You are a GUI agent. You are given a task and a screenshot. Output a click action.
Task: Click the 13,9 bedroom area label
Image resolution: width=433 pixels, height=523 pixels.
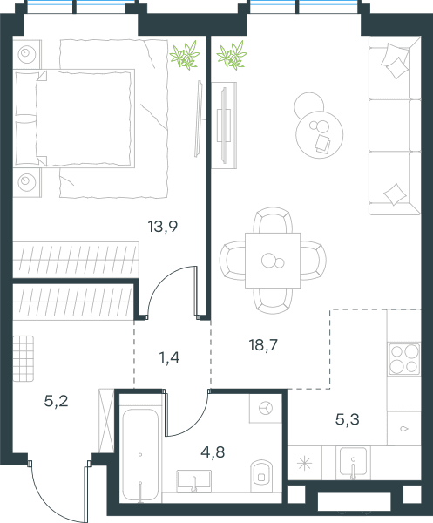click(x=163, y=227)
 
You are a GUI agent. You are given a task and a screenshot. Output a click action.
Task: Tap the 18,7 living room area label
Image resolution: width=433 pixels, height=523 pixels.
click(x=263, y=345)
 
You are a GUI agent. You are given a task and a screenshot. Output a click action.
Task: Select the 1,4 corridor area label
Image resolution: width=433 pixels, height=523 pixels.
click(x=170, y=358)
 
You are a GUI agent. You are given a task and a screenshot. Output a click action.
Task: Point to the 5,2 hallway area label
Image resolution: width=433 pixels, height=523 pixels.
click(x=57, y=401)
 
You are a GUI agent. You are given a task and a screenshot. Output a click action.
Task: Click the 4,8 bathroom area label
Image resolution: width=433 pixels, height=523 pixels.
click(x=213, y=452)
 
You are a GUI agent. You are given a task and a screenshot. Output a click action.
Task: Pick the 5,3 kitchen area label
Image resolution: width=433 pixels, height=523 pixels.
click(x=348, y=419)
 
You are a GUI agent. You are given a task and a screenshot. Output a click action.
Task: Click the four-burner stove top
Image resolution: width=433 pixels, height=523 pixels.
click(x=404, y=359)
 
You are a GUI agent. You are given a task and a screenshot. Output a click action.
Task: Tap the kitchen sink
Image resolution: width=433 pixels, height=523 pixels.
click(x=353, y=462)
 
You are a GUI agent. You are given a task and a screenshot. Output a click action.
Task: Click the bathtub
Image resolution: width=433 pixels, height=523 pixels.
click(x=140, y=455)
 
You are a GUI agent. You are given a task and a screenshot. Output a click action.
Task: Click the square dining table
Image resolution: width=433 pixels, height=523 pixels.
click(x=273, y=261)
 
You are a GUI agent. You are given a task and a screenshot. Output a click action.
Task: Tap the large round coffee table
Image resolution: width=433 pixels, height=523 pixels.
click(x=320, y=135)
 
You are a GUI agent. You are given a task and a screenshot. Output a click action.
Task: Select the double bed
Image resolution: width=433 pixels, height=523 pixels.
click(x=75, y=119)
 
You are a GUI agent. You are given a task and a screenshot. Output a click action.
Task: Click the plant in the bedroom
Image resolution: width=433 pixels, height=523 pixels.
click(x=185, y=55)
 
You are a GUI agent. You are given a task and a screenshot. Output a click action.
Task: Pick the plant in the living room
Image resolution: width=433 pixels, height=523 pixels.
click(x=232, y=55)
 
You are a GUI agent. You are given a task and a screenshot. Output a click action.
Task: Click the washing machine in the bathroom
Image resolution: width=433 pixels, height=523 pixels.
click(x=266, y=408)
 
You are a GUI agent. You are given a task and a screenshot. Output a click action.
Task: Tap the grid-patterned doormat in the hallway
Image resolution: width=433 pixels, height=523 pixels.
click(x=24, y=358)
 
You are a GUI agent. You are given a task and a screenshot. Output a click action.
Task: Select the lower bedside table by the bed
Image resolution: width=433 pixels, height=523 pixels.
click(x=27, y=182)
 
